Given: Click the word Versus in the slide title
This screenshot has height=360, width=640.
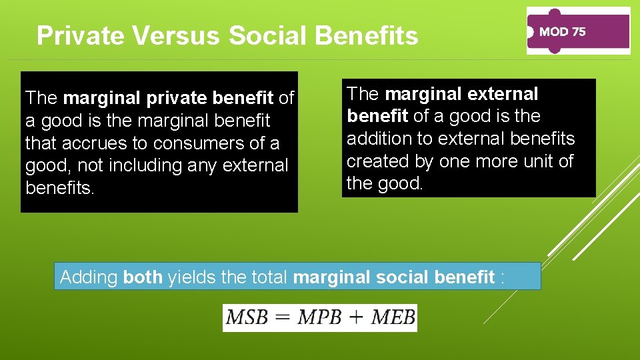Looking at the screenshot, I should (x=176, y=35).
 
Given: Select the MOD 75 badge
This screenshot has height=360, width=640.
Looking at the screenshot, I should (x=578, y=31).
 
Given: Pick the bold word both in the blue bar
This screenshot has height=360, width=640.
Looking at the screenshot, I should (x=143, y=277).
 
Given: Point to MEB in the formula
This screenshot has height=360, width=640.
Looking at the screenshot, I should (x=393, y=318).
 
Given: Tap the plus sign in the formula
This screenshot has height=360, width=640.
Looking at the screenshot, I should (x=357, y=318).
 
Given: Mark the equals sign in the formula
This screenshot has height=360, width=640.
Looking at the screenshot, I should (x=283, y=318).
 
